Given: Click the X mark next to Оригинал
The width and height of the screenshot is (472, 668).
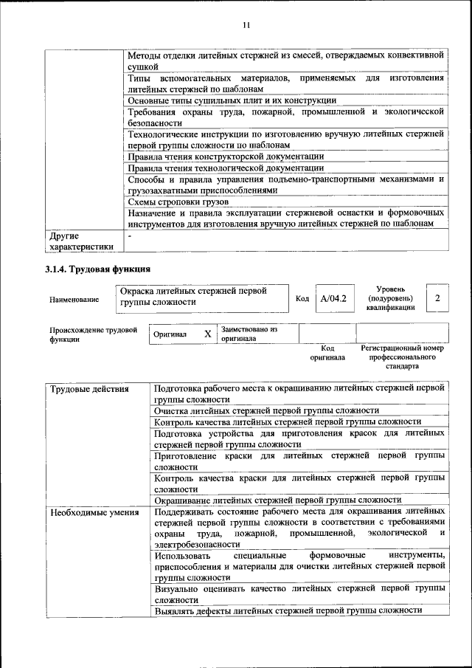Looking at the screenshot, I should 207,334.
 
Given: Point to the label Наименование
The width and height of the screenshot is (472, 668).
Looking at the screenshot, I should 74,300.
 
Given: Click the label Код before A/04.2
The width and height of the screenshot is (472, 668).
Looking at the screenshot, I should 302,298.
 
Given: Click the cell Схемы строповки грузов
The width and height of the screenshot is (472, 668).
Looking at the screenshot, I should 178,201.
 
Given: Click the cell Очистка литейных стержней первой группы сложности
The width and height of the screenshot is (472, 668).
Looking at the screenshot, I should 266,410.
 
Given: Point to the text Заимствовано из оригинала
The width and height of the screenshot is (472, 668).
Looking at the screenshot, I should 249,334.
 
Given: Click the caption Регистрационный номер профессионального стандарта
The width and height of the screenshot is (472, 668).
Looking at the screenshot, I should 402,356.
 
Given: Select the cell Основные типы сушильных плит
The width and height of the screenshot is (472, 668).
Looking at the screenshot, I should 232,100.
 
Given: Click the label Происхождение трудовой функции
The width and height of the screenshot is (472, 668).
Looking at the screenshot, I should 93,335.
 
